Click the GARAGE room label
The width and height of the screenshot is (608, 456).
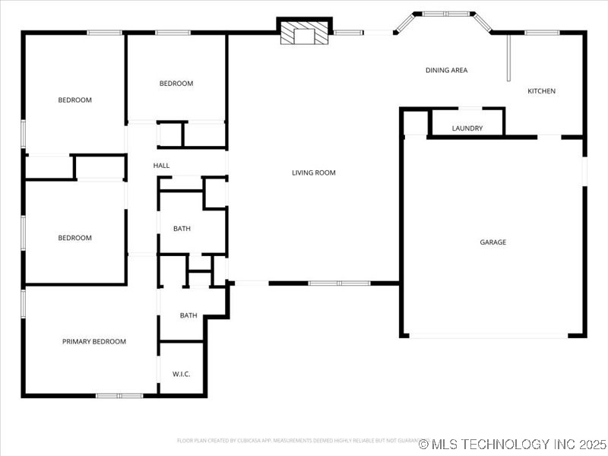pos(492,242)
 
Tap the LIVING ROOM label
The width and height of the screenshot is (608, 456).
pos(314,173)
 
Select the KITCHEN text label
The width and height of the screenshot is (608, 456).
pos(542,91)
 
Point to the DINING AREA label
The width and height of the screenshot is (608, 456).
pos(446,70)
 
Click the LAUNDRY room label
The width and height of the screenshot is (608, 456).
pos(467,128)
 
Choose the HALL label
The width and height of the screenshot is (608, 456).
pos(161,166)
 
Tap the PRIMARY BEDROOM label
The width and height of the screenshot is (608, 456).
pos(94,342)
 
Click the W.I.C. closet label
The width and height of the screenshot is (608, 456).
pos(181,374)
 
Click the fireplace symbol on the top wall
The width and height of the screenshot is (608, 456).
pos(305,33)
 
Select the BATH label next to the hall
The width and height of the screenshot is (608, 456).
pos(182,229)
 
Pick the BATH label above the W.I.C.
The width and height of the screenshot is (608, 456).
pos(188,315)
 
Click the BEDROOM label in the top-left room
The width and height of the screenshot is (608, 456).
pos(75,100)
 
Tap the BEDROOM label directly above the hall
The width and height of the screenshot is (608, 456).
pos(176,84)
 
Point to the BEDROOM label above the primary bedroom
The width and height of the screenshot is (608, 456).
pos(75,238)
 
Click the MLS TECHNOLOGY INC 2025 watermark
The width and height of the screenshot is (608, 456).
pos(513,444)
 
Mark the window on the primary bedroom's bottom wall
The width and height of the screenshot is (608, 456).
pos(119,395)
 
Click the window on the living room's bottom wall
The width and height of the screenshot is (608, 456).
pos(339,283)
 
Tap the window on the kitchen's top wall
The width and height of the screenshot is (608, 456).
pos(543,32)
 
